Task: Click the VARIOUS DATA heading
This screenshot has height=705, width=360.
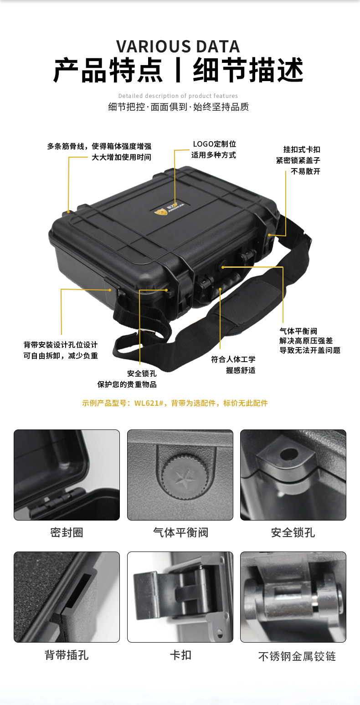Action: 178,46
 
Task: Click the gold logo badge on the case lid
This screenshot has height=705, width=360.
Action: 161,212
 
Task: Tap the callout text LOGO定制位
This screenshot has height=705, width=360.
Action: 215,144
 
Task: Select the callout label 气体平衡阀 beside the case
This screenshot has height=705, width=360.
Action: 298,331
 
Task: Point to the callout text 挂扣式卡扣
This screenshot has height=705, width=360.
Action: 302,149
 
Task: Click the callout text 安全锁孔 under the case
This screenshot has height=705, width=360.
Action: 142,373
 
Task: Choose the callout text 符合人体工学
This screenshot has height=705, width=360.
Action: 233,359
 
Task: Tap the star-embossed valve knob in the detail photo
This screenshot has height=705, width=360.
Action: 185,476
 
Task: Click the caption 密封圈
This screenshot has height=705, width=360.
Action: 67,532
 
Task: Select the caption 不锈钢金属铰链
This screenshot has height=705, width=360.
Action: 297,657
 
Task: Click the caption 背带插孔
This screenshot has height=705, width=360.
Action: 67,655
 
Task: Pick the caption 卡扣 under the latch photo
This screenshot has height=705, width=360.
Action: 180,655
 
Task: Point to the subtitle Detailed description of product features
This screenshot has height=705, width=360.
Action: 178,96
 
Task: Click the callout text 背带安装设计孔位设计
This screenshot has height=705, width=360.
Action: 61,345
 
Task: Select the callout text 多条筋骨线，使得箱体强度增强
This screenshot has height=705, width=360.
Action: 99,146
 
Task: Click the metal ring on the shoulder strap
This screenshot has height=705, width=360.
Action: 146,331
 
